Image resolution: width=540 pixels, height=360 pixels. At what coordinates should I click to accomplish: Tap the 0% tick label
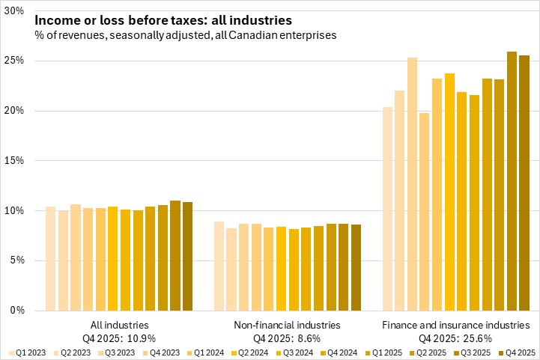point(17,311)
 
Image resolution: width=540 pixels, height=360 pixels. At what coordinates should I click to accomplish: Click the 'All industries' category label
point(119,325)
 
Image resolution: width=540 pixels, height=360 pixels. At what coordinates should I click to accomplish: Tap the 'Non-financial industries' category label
point(288,325)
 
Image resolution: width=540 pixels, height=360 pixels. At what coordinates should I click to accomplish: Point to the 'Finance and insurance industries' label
point(456,325)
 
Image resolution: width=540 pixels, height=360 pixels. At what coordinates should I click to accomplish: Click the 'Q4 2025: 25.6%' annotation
point(456,338)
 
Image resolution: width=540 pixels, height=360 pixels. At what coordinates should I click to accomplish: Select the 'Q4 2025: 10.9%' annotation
point(119,338)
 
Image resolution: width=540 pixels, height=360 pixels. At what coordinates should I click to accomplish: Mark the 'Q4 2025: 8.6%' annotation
point(288,338)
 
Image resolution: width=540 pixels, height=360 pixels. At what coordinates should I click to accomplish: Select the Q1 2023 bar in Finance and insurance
point(387,209)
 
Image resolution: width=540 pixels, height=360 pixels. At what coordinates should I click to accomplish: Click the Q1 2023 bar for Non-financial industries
point(219,266)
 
